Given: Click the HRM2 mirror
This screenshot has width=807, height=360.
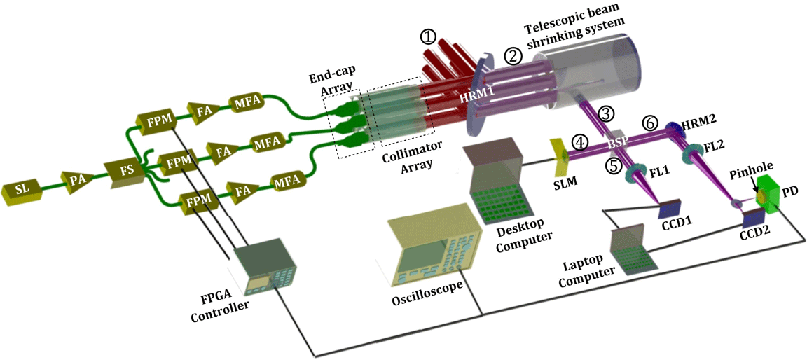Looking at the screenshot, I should [x=674, y=127].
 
